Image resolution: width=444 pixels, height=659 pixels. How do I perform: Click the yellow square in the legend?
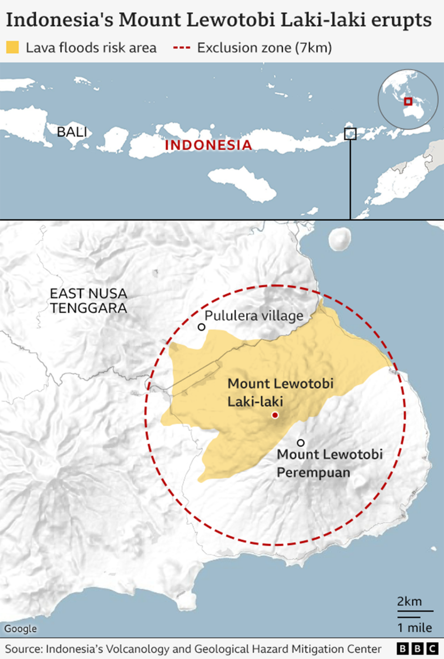pyautogui.click(x=13, y=47)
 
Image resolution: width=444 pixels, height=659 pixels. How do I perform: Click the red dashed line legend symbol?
pyautogui.click(x=182, y=47)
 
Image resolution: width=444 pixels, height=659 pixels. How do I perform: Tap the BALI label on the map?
pyautogui.click(x=72, y=132)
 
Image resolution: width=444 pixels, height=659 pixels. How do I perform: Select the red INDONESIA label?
pyautogui.click(x=208, y=145)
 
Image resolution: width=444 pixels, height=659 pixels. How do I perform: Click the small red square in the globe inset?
pyautogui.click(x=408, y=101)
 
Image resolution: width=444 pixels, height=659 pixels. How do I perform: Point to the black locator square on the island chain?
pyautogui.click(x=350, y=134)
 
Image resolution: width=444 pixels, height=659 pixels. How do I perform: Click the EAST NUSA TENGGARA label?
pyautogui.click(x=88, y=301)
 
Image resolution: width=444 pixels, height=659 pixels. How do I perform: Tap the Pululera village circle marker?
pyautogui.click(x=202, y=327)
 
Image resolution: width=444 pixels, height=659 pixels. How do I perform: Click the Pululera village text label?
pyautogui.click(x=254, y=315)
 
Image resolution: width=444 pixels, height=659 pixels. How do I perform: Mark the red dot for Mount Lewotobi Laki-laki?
pyautogui.click(x=275, y=415)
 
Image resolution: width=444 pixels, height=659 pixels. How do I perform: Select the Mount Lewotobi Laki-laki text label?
pyautogui.click(x=280, y=392)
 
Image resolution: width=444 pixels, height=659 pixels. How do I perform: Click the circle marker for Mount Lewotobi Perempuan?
pyautogui.click(x=301, y=443)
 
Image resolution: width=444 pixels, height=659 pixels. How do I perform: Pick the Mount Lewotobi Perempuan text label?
pyautogui.click(x=329, y=463)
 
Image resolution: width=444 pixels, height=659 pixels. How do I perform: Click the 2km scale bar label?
pyautogui.click(x=409, y=601)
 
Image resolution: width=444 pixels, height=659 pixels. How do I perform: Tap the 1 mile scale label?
pyautogui.click(x=414, y=628)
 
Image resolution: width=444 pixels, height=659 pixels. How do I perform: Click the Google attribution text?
pyautogui.click(x=20, y=629)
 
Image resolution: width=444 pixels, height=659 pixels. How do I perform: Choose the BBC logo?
pyautogui.click(x=417, y=649)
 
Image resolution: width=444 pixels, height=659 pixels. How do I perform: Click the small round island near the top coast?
pyautogui.click(x=340, y=238)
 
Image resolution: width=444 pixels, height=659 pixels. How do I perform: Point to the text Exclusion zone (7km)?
pyautogui.click(x=264, y=47)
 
